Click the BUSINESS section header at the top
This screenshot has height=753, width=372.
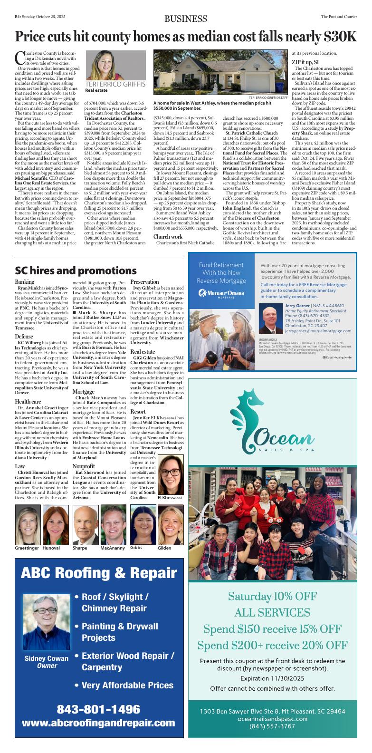(x=186, y=19)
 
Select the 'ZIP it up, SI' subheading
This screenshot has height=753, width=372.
(x=305, y=62)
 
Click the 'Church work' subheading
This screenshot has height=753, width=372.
(x=168, y=236)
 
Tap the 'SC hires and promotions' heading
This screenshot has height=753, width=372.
(x=76, y=270)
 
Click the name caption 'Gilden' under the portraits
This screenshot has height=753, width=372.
(x=164, y=548)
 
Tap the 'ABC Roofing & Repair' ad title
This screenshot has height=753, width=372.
(x=99, y=573)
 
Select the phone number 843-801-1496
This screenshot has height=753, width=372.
(x=99, y=709)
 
